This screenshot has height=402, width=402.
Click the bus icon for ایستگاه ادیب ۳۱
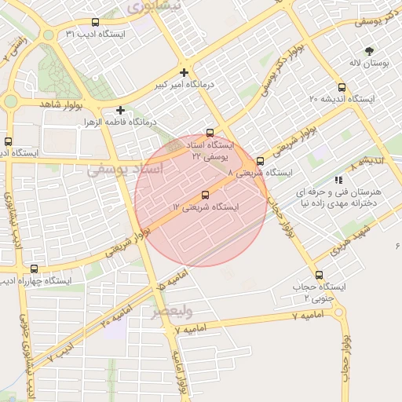point(96,23)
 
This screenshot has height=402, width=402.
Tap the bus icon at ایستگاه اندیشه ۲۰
point(342,88)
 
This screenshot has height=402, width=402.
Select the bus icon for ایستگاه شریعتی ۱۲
point(206,195)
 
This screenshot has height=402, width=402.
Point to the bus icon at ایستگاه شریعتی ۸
point(260,162)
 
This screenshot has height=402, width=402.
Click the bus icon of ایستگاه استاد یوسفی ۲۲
point(210,133)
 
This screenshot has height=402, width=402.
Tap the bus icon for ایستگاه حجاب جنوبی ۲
point(319,275)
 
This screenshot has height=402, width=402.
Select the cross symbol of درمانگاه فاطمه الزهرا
point(120,111)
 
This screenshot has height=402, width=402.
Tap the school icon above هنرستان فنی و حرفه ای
point(338,180)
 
